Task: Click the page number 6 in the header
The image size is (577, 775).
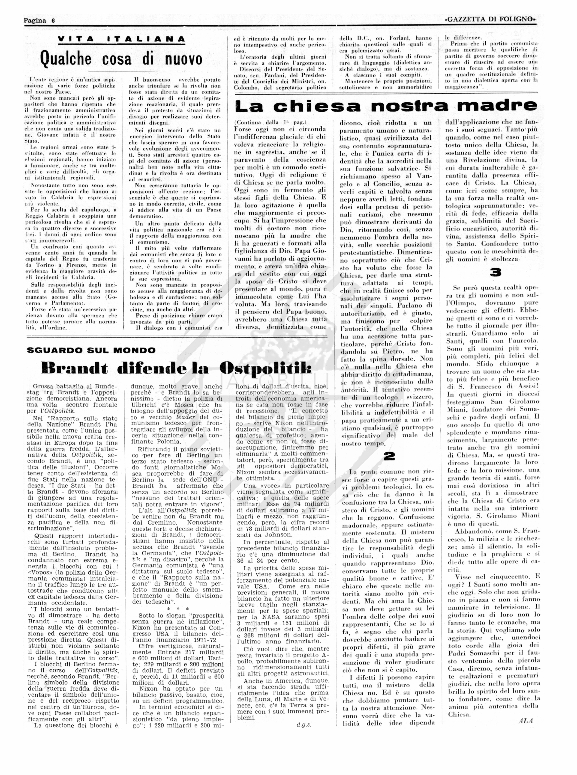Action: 53,20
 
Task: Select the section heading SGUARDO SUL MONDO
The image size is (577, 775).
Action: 91,350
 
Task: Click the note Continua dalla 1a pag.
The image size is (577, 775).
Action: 270,122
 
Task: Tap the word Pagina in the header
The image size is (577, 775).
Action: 35,20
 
